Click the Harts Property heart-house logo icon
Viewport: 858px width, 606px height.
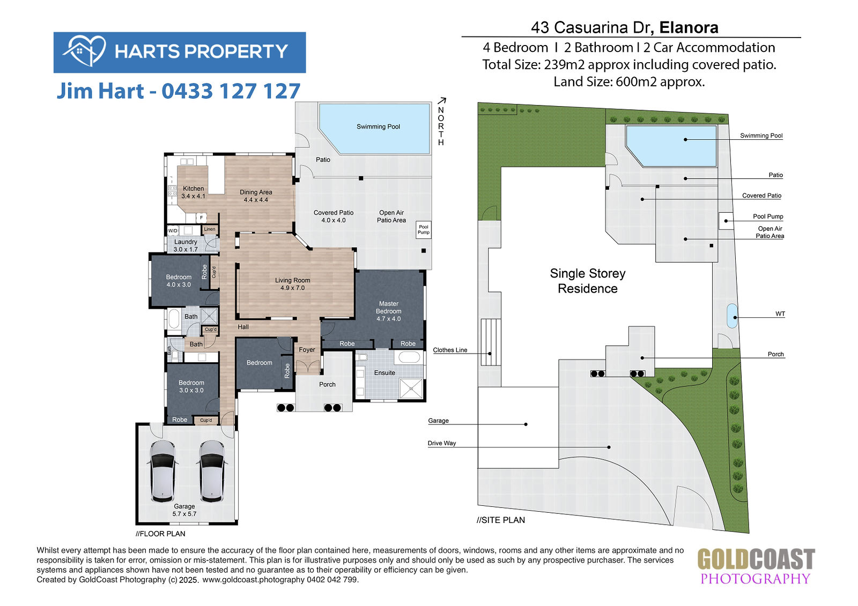tap(84, 51)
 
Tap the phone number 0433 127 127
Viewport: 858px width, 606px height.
tap(231, 91)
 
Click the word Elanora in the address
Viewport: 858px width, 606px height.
tap(689, 27)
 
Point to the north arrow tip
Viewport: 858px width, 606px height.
tap(445, 99)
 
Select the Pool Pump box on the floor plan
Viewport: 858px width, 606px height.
tap(423, 230)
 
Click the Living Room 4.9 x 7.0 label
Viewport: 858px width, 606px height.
tap(292, 284)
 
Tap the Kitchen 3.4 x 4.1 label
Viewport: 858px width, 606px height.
tap(193, 192)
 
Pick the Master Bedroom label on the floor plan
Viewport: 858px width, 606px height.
tap(388, 311)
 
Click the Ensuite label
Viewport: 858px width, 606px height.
tap(384, 373)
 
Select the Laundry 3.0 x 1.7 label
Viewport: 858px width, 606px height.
tap(186, 245)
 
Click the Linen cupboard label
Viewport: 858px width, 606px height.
tap(210, 229)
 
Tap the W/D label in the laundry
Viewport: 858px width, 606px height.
tap(173, 231)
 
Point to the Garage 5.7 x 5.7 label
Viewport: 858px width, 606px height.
tap(184, 510)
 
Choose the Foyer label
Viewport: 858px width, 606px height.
tap(307, 349)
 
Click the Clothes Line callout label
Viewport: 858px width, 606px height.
tap(450, 350)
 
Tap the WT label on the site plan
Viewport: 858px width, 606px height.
tap(780, 314)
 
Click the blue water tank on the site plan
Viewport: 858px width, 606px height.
tap(732, 316)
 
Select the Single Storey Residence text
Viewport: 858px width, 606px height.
tap(588, 281)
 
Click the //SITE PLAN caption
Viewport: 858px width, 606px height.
tap(501, 520)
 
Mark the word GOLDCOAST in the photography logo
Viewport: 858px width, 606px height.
tap(756, 559)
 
